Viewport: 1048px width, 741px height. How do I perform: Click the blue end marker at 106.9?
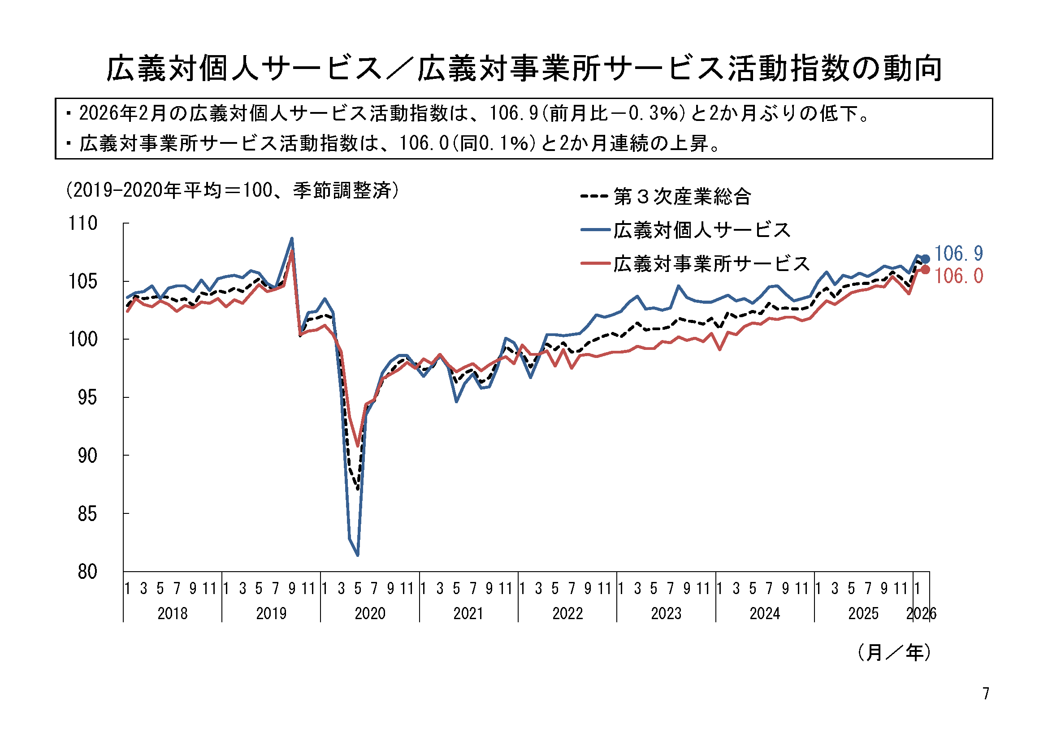coord(925,259)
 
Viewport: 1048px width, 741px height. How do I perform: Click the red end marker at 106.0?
coord(925,270)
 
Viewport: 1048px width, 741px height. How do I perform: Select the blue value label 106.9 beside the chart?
coord(958,253)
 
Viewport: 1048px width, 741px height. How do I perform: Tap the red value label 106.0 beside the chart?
coord(958,276)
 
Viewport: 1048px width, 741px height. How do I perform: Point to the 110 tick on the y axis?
coord(82,223)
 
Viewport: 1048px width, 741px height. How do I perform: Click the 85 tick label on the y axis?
coord(87,514)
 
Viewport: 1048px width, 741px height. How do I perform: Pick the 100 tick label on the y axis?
coord(82,340)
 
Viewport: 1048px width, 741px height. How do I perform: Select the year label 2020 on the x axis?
coord(370,613)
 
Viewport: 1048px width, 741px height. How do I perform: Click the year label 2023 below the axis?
coord(666,613)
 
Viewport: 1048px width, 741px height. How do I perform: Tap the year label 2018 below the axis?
coord(173,613)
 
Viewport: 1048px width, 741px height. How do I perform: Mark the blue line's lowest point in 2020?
coord(358,555)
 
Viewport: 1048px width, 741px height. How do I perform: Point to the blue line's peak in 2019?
coord(292,238)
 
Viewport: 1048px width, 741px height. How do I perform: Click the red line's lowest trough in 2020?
coord(358,446)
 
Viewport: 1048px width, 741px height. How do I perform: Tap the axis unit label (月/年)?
coord(894,652)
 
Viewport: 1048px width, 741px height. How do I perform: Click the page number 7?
coord(986,694)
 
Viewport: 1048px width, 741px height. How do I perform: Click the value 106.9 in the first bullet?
coord(514,113)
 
